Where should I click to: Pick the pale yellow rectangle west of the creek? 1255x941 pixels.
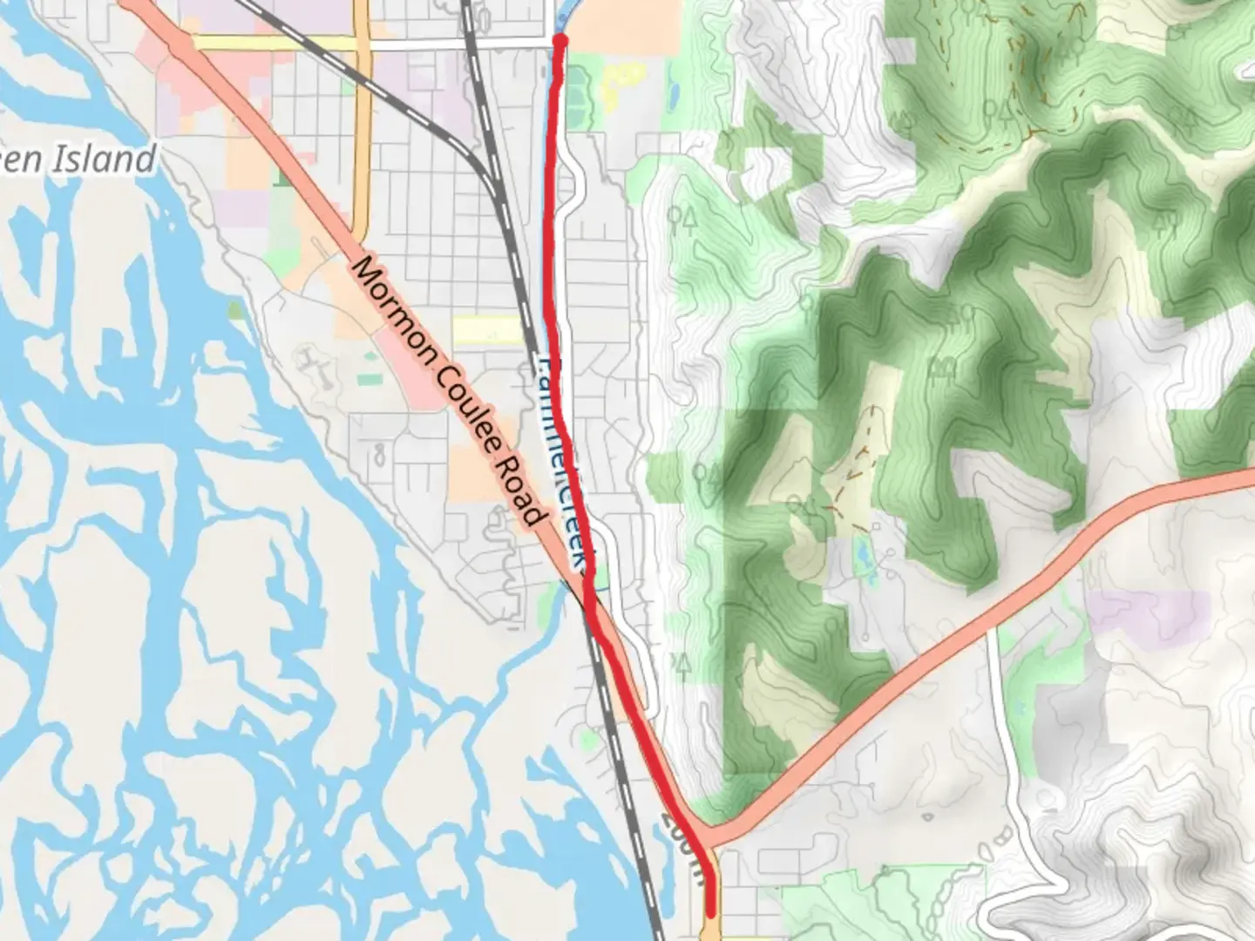tap(487, 330)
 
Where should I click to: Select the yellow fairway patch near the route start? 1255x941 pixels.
tap(620, 83)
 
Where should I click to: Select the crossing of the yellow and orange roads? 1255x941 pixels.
tap(362, 43)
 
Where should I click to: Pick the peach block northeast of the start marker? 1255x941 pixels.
tap(627, 26)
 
